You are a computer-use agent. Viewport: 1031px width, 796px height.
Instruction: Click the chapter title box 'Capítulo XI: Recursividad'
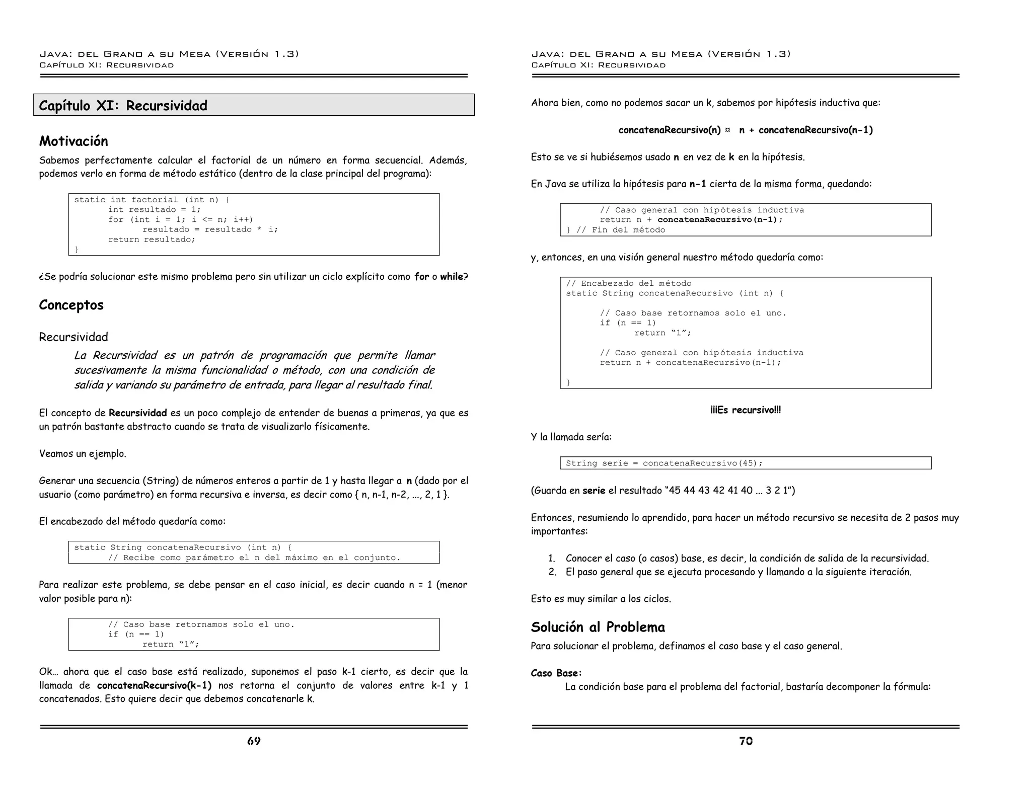tap(254, 105)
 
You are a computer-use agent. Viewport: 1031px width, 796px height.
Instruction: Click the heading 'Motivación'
tap(73, 141)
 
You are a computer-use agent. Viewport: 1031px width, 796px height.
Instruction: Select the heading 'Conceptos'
tap(71, 305)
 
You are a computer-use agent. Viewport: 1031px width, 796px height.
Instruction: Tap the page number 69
tap(254, 741)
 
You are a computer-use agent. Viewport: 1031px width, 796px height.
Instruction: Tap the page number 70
tap(746, 741)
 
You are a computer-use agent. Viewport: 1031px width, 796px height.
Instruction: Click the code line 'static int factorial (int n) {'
tap(152, 200)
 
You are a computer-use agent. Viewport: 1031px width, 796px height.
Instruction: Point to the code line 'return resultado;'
tap(152, 240)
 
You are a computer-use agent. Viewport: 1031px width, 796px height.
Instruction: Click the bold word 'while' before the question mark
tap(451, 277)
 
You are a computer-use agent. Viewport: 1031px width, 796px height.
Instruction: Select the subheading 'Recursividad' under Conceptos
tap(73, 337)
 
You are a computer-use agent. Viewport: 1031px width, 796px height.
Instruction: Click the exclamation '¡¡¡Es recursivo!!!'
tap(746, 410)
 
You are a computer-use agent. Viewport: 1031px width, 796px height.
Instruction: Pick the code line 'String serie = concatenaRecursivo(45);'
tap(664, 463)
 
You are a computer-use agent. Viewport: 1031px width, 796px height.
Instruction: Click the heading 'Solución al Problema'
tap(598, 627)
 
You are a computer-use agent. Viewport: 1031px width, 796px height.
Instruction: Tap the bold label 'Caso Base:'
tap(556, 673)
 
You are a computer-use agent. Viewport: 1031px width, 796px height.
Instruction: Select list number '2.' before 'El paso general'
tap(552, 572)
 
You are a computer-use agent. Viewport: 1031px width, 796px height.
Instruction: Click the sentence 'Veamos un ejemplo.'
tap(83, 454)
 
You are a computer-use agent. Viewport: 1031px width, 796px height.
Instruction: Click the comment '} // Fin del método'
tap(615, 230)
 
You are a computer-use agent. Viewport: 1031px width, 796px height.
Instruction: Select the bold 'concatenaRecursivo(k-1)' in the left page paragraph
tap(154, 685)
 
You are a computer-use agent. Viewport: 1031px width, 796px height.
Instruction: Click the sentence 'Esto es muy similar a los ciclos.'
tap(601, 599)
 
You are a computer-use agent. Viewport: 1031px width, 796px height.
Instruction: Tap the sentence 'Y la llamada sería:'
tap(571, 437)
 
